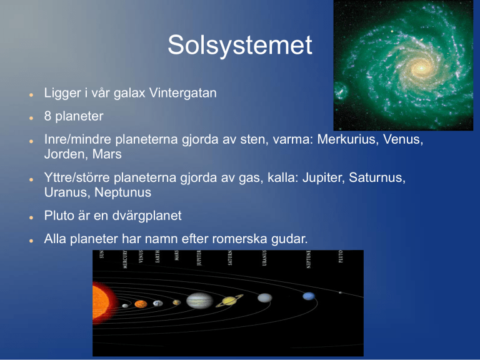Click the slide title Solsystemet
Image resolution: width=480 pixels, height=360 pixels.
point(240,45)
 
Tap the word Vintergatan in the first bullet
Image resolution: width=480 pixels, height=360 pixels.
point(182,92)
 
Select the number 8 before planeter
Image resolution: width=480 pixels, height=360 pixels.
point(47,116)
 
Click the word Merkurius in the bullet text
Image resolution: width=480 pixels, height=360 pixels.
point(346,139)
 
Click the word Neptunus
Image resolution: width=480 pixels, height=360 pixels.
point(122,193)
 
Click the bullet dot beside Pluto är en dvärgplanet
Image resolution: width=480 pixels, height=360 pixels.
point(31,217)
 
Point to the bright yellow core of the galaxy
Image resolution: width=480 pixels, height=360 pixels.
point(421,68)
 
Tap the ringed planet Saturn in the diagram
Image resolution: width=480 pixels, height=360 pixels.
point(229,301)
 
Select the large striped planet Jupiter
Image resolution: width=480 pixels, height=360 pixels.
point(199,301)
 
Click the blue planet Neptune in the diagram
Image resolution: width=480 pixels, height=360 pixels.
point(309,296)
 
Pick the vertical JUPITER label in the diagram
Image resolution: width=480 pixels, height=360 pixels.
point(199,257)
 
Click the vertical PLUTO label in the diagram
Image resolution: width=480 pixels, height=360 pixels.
point(341,256)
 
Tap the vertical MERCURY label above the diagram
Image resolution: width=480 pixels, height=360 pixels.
point(125,259)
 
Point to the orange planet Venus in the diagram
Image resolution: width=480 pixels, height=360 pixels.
point(141,304)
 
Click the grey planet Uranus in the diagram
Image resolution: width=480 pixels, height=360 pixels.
point(265,297)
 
